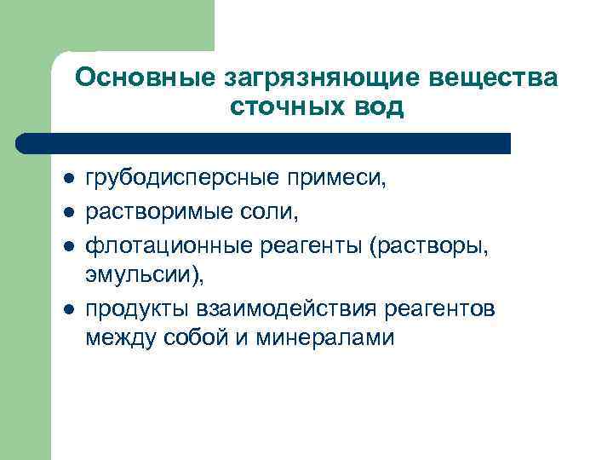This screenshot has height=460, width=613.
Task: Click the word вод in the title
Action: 373,108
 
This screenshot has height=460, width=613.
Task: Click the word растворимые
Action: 152,207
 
